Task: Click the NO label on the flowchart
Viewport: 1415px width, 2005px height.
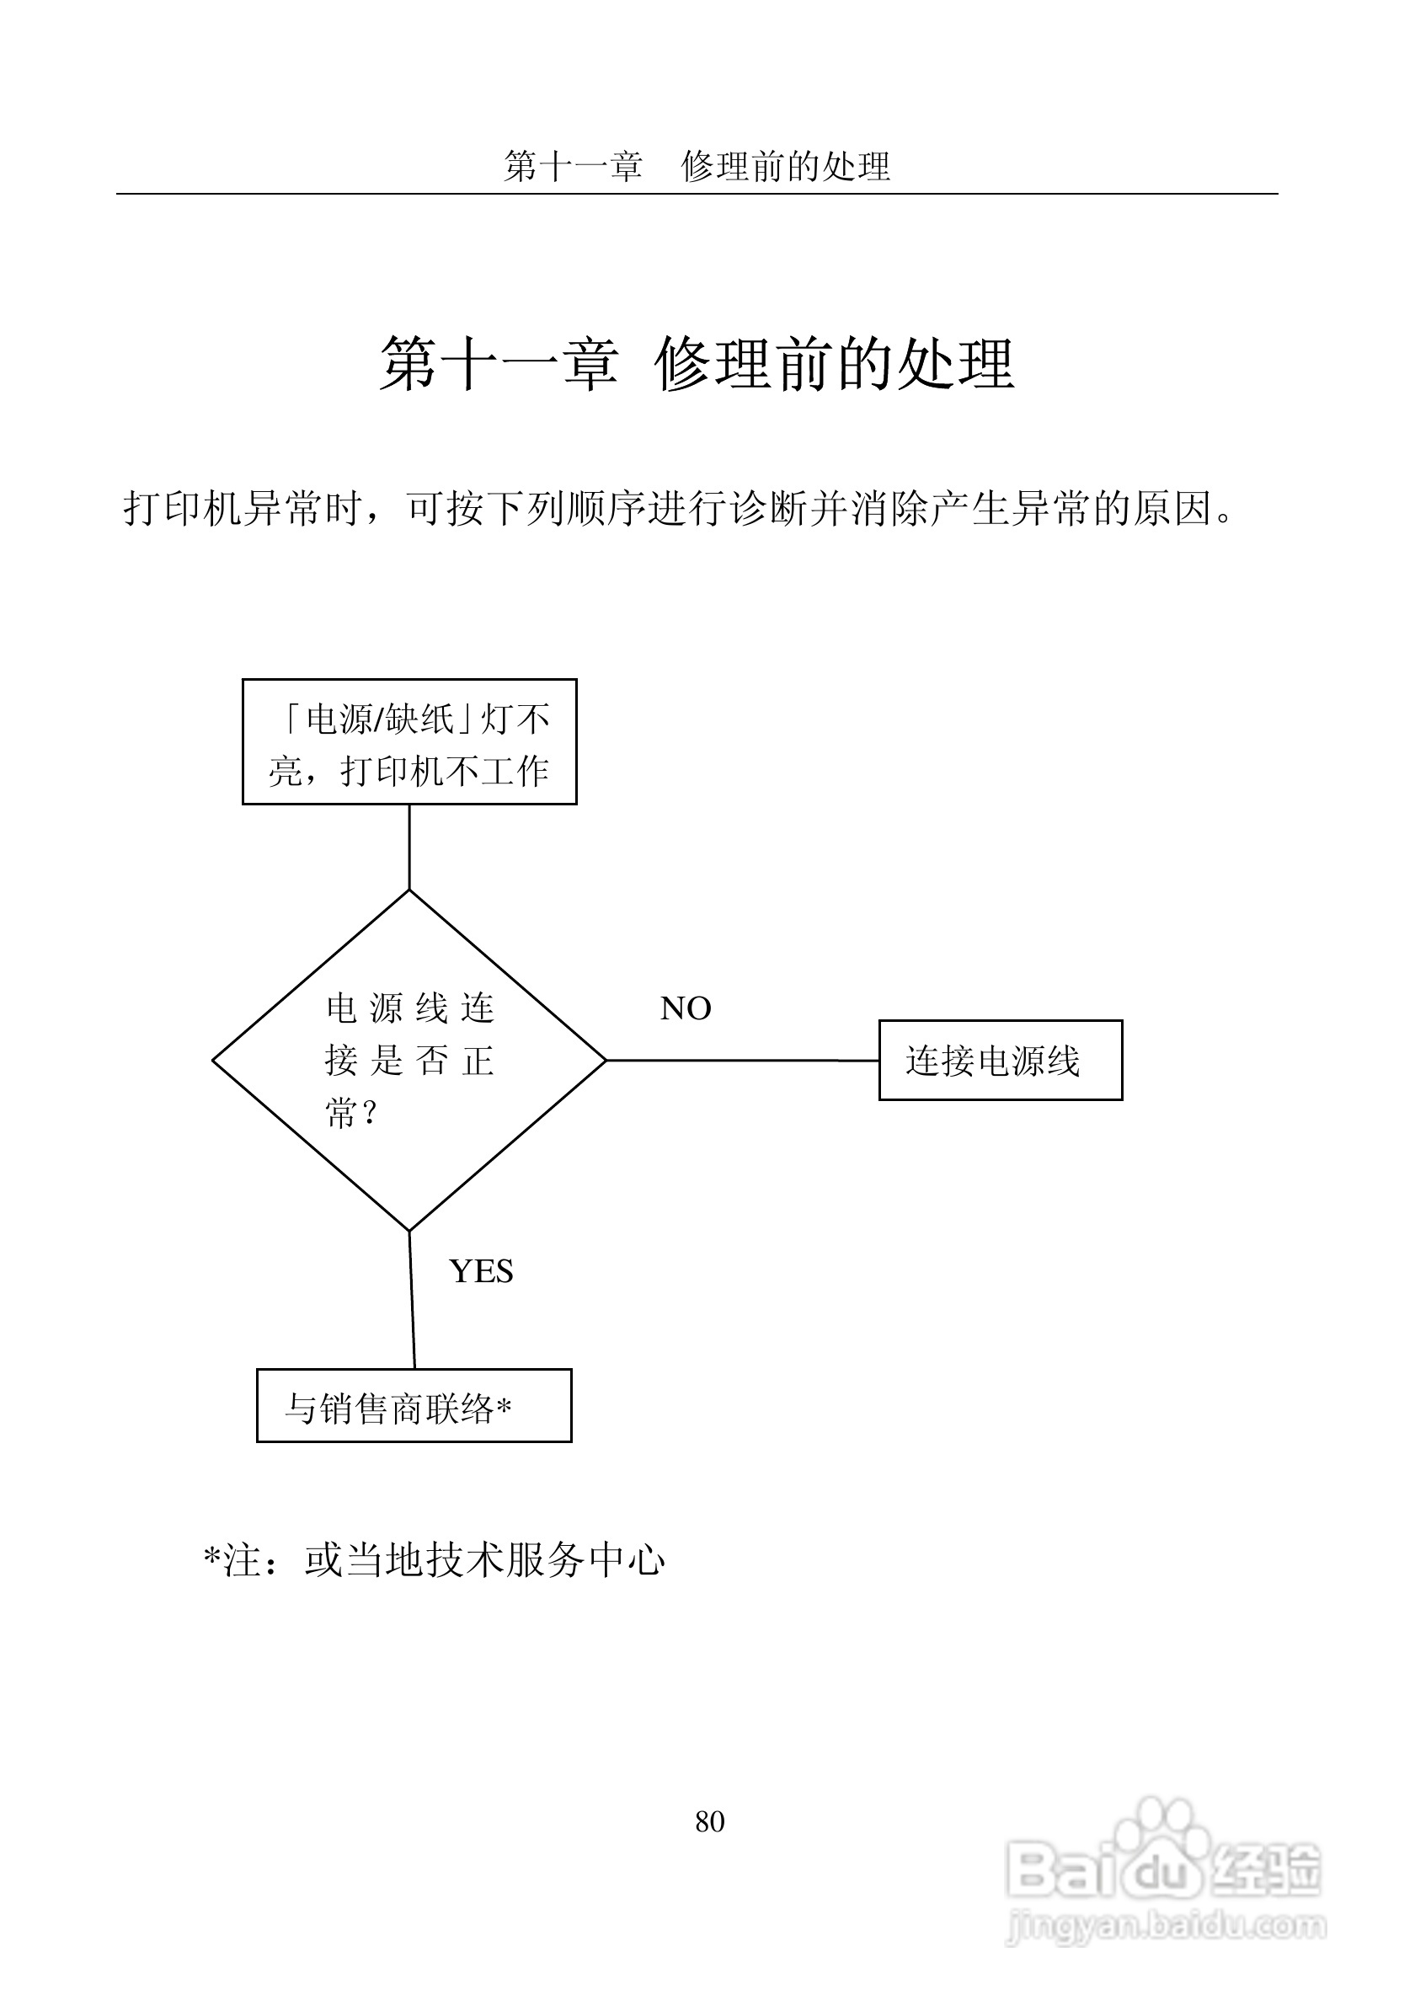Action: click(686, 1008)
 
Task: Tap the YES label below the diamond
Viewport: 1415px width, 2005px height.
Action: click(481, 1271)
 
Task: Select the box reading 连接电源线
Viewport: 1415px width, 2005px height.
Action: click(1000, 1060)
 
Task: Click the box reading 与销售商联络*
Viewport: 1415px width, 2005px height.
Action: click(414, 1405)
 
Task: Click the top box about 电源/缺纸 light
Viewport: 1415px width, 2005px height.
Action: click(409, 741)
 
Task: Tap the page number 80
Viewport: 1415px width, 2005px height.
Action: click(710, 1821)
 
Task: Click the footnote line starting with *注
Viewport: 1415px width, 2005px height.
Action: click(434, 1560)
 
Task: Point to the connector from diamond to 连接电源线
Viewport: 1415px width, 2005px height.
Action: click(742, 1060)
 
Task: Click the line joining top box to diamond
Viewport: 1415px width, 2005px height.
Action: click(409, 846)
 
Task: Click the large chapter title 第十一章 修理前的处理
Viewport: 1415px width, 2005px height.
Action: click(697, 363)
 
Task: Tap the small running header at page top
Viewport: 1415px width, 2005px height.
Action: click(697, 166)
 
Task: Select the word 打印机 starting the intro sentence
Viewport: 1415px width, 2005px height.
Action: click(183, 508)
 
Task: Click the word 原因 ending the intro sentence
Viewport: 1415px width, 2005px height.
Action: click(1172, 508)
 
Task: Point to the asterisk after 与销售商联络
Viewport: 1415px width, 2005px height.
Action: click(504, 1405)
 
